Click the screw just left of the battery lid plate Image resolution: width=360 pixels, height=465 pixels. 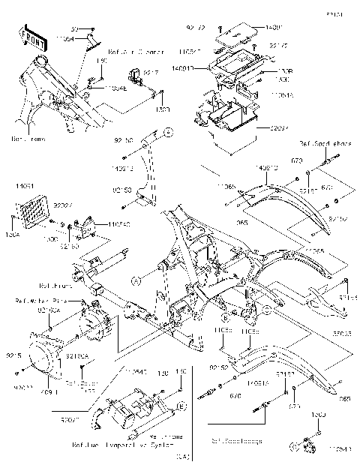tap(217, 35)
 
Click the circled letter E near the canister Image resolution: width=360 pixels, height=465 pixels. tap(181, 406)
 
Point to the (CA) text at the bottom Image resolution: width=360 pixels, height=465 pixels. tap(181, 454)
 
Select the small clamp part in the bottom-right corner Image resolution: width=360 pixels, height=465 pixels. tap(307, 445)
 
